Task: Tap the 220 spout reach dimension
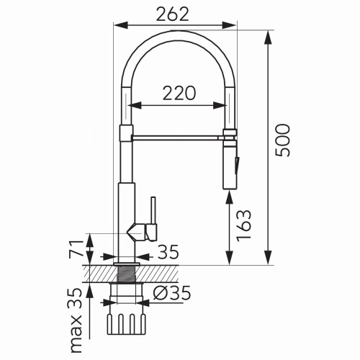[178, 93]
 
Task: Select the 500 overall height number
[282, 140]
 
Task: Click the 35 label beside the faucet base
[167, 253]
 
